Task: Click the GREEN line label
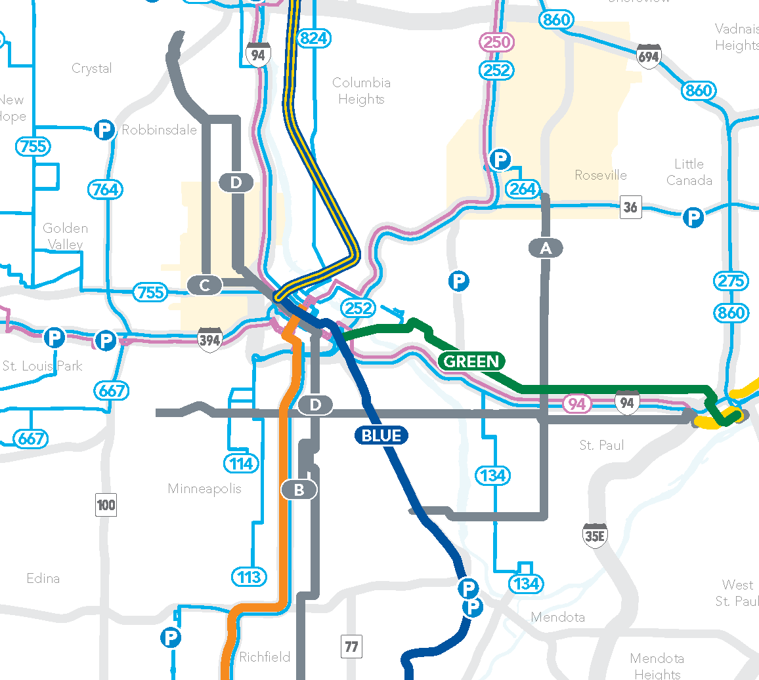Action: (x=471, y=361)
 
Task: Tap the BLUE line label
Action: (x=381, y=435)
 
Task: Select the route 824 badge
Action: (x=313, y=39)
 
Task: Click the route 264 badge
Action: (x=523, y=189)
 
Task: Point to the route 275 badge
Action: (x=731, y=281)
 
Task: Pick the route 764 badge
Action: (x=105, y=190)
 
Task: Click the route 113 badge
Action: (x=249, y=577)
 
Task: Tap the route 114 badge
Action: (x=241, y=464)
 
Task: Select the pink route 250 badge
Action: (x=496, y=43)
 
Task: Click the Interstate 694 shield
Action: (x=648, y=56)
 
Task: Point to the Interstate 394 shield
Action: (x=209, y=340)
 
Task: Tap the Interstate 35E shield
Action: (x=595, y=535)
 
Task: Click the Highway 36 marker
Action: (x=630, y=207)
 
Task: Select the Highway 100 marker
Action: (x=106, y=505)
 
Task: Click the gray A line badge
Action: (x=546, y=248)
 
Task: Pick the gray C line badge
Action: (x=205, y=285)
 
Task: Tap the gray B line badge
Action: (x=299, y=489)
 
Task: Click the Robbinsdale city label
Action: (x=159, y=130)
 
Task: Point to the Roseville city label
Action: (x=600, y=175)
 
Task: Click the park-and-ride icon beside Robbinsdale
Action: (x=104, y=130)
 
